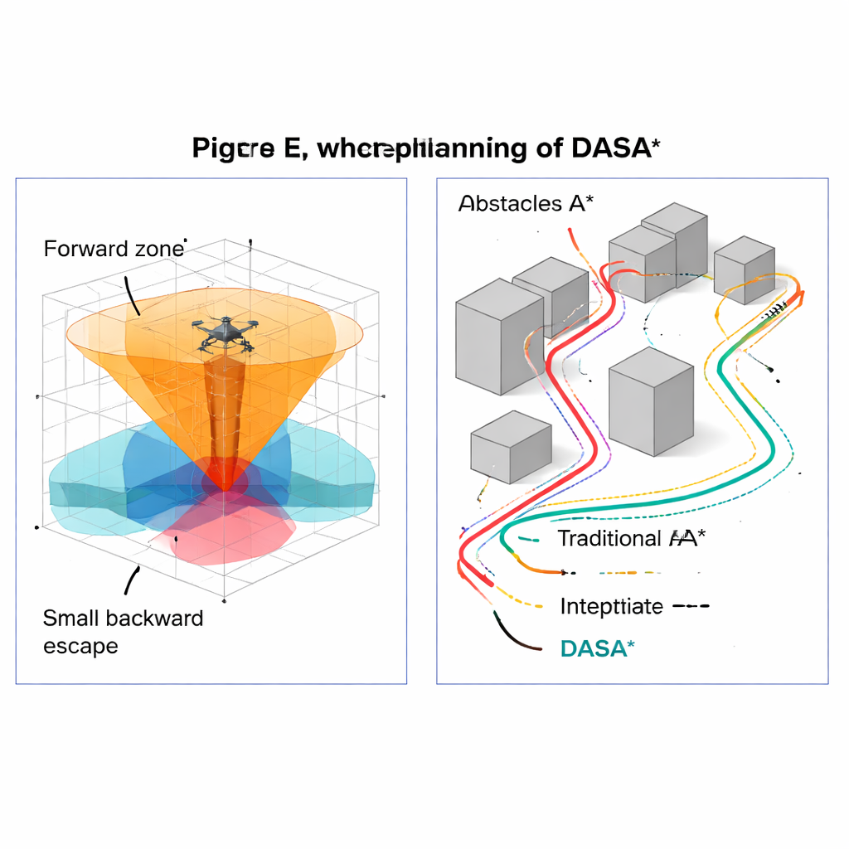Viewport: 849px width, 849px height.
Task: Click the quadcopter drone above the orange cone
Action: [225, 333]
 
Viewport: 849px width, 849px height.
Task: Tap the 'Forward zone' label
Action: [114, 248]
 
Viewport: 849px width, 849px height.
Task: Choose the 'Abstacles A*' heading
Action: [526, 203]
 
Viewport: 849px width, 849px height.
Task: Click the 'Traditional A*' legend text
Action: [632, 538]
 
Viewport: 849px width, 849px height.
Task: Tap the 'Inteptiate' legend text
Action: [611, 606]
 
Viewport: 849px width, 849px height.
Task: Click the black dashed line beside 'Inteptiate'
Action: [690, 606]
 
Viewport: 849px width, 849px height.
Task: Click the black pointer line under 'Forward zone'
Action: [132, 295]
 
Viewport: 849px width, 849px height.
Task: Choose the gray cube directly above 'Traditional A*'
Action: [651, 401]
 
